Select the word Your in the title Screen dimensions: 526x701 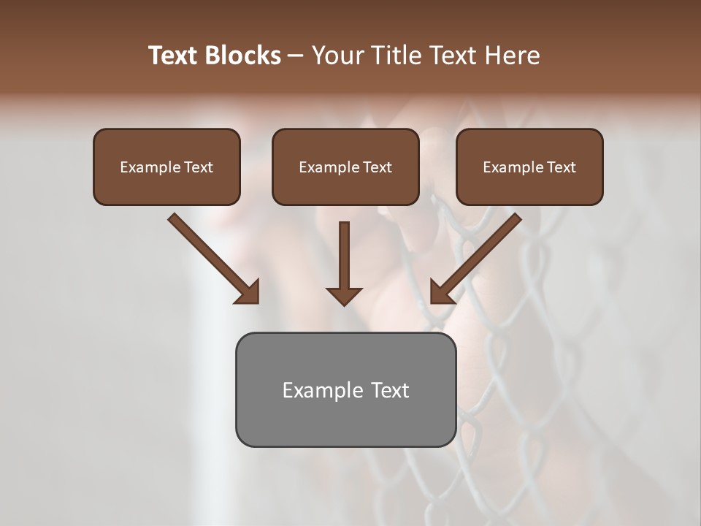[x=335, y=56]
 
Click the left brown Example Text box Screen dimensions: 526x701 [x=166, y=167]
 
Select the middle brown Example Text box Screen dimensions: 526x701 [x=345, y=167]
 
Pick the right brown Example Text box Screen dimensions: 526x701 [x=529, y=167]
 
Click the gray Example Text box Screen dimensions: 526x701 [x=345, y=389]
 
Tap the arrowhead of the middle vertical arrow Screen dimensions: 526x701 [x=344, y=297]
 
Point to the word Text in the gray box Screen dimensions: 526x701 [x=389, y=390]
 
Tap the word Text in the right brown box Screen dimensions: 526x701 [x=561, y=167]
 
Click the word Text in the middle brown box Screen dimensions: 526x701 [x=377, y=167]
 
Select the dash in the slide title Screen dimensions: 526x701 [x=296, y=56]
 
